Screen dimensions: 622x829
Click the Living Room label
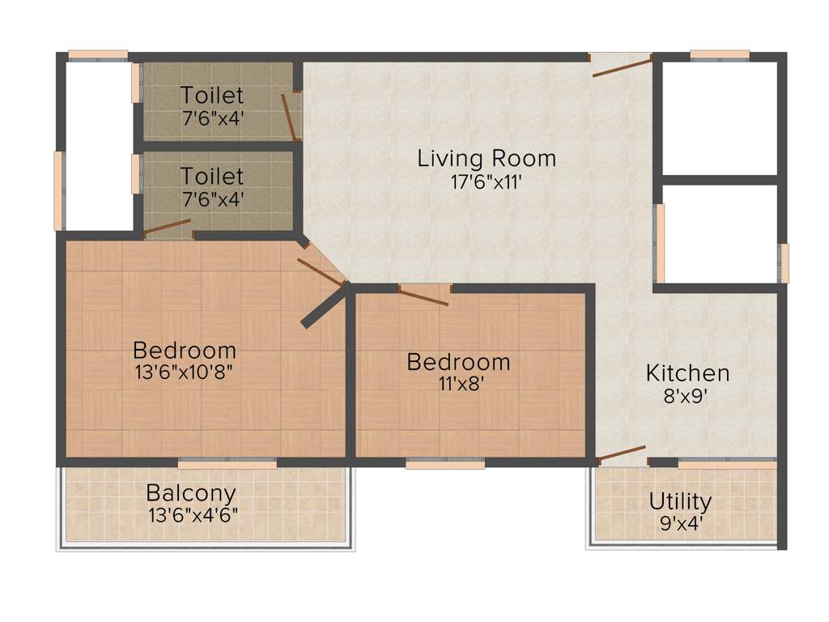pyautogui.click(x=487, y=158)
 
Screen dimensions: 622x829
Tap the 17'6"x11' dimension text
pyautogui.click(x=487, y=182)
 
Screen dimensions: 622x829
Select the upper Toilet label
pyautogui.click(x=212, y=95)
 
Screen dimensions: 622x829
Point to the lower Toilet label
pyautogui.click(x=212, y=176)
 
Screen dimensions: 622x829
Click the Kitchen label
pyautogui.click(x=687, y=373)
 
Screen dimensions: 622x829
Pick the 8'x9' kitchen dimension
pyautogui.click(x=687, y=397)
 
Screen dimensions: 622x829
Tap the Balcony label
pyautogui.click(x=192, y=492)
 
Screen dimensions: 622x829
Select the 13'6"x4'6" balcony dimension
pyautogui.click(x=193, y=515)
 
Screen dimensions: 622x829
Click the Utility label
pyautogui.click(x=681, y=501)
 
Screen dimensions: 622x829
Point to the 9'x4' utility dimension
pyautogui.click(x=681, y=523)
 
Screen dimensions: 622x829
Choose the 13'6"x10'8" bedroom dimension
pyautogui.click(x=185, y=373)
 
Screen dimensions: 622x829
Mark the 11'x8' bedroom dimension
pyautogui.click(x=459, y=385)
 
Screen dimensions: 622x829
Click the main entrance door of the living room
pyautogui.click(x=622, y=66)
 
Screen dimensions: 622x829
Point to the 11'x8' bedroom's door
pyautogui.click(x=423, y=296)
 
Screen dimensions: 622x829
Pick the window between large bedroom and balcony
pyautogui.click(x=227, y=464)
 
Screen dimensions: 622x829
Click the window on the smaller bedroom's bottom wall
pyautogui.click(x=445, y=464)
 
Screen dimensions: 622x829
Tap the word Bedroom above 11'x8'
pyautogui.click(x=459, y=362)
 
